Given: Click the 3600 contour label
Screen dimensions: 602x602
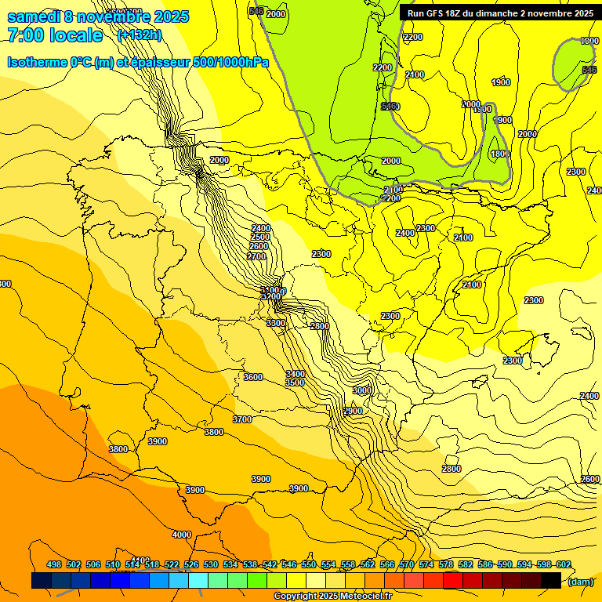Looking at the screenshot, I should point(253,377).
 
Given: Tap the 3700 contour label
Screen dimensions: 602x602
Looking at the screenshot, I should point(242,419).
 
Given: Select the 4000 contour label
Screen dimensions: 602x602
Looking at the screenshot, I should point(181,535).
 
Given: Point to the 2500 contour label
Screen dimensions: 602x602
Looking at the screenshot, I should point(260,237).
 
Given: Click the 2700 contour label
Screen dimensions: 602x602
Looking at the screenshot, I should point(256,256).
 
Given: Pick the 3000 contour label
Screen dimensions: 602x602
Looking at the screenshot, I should point(362,390).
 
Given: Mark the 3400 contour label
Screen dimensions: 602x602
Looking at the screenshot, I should point(296,374).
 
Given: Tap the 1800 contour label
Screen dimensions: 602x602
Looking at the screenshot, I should point(499,154).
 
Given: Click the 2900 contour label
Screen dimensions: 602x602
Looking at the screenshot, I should point(353,411).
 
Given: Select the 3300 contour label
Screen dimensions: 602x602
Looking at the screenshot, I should point(276,323).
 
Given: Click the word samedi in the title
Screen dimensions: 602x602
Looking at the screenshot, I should point(35,16).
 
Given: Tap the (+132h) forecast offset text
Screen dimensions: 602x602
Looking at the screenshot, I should point(139,35).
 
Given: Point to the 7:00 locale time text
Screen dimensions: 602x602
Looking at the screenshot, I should point(55,35).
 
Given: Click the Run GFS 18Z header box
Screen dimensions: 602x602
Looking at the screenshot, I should point(499,13).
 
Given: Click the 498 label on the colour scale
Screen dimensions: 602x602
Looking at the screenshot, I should point(54,565).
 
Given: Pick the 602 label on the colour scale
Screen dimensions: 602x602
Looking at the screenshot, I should point(564,565).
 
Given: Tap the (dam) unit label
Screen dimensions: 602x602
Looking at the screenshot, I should point(579,582).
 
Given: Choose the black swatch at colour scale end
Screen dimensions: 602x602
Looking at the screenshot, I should point(551,581).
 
